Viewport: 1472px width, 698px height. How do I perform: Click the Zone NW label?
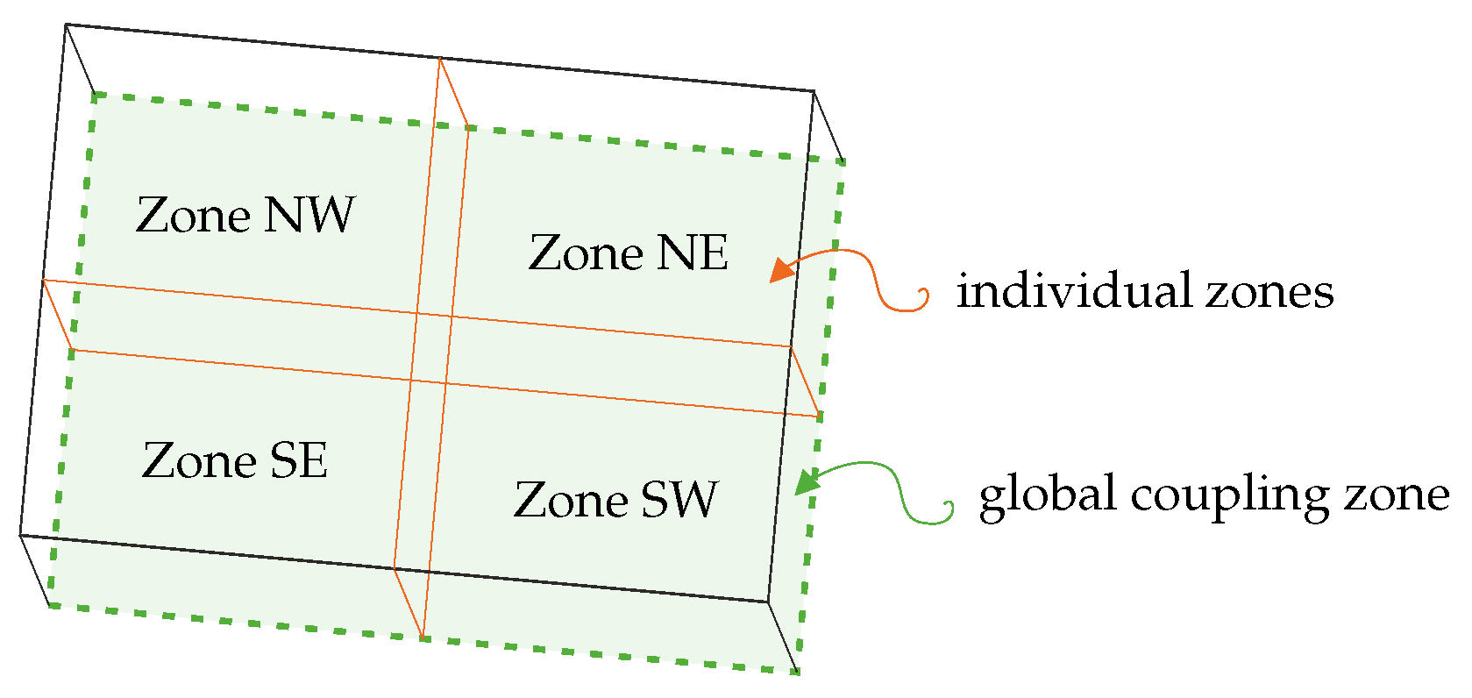(245, 216)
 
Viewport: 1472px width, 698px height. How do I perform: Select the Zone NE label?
(628, 253)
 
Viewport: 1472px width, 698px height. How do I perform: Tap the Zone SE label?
(234, 461)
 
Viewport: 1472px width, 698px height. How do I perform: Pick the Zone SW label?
(615, 500)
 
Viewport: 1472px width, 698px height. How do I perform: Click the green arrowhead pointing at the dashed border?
(806, 481)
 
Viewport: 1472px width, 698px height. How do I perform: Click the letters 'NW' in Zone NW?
(309, 216)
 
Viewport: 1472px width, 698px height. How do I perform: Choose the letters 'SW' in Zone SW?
(679, 500)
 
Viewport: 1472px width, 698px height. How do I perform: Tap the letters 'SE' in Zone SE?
(298, 461)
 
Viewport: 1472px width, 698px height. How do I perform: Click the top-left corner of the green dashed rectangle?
(93, 93)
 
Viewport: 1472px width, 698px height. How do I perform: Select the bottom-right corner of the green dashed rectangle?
(798, 672)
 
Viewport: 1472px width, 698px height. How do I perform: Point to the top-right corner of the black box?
(814, 90)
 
